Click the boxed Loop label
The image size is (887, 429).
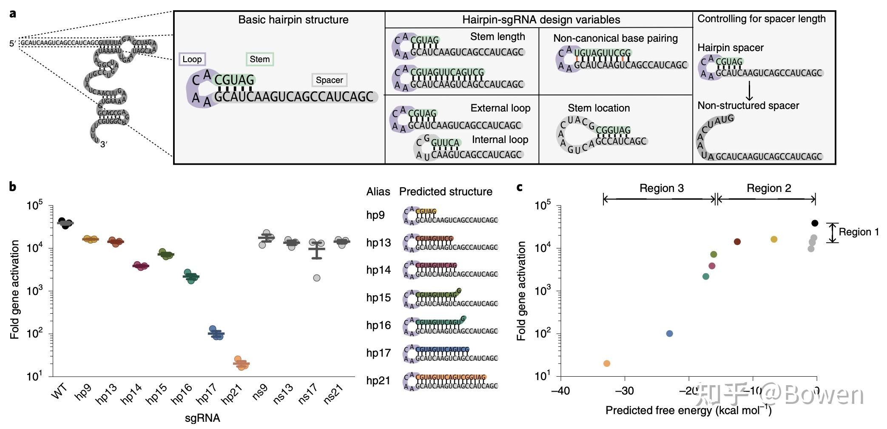pyautogui.click(x=192, y=59)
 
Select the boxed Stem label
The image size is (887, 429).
pyautogui.click(x=259, y=59)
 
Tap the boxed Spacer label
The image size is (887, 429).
pyautogui.click(x=329, y=80)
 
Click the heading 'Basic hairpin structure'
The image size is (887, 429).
pyautogui.click(x=293, y=20)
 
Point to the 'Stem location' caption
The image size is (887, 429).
pyautogui.click(x=599, y=108)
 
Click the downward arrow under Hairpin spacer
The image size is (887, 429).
pyautogui.click(x=749, y=90)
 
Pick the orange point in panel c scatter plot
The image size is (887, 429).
pyautogui.click(x=607, y=363)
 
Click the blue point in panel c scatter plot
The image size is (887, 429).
pyautogui.click(x=669, y=334)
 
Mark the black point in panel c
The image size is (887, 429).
pyautogui.click(x=815, y=223)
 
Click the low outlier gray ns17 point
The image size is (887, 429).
pyautogui.click(x=317, y=278)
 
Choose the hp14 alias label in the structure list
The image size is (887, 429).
pyautogui.click(x=378, y=270)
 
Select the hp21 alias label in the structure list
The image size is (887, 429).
pyautogui.click(x=378, y=380)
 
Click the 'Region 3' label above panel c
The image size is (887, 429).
pyautogui.click(x=662, y=188)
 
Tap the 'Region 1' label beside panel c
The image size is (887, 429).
pyautogui.click(x=859, y=232)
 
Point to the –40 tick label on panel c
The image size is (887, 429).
pyautogui.click(x=560, y=391)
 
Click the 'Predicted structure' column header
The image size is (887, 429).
pyautogui.click(x=446, y=192)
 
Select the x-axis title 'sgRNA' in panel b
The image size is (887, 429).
pyautogui.click(x=202, y=418)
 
